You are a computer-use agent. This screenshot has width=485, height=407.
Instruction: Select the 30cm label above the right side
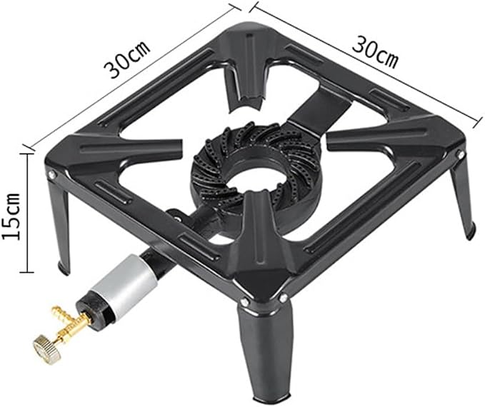(375, 51)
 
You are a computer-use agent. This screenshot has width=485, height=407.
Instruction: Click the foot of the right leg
(471, 231)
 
